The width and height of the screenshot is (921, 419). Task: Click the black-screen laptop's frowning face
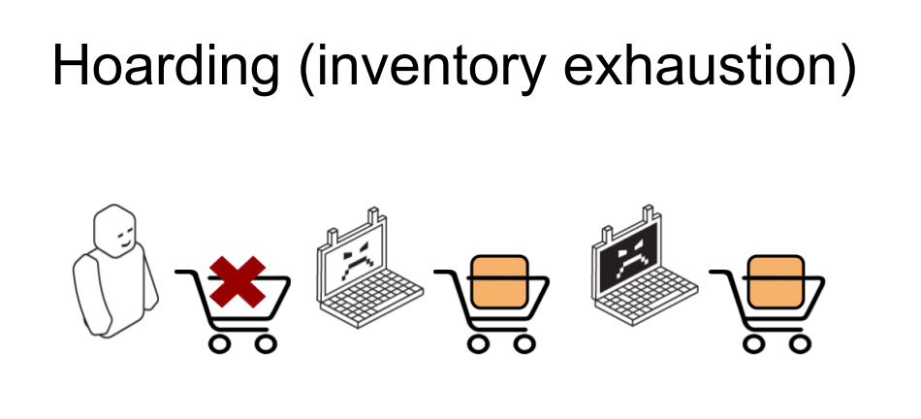coord(628,258)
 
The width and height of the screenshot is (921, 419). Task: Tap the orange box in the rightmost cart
coord(777,281)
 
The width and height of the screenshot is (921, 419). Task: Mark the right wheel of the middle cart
coord(524,342)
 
